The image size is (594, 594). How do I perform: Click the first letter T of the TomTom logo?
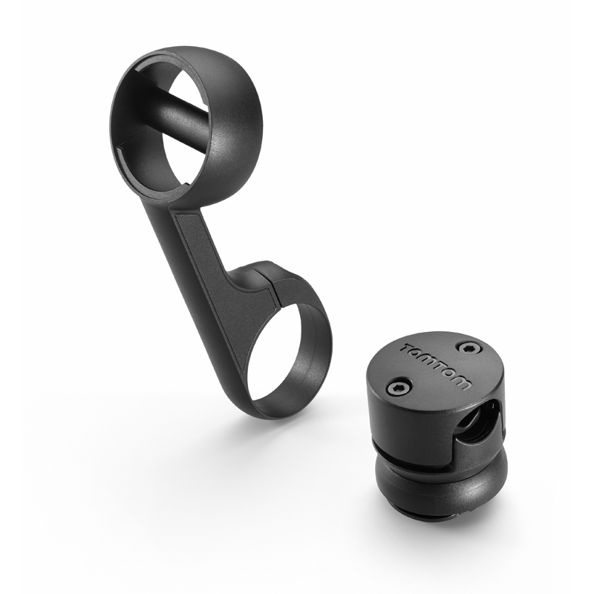[410, 348]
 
